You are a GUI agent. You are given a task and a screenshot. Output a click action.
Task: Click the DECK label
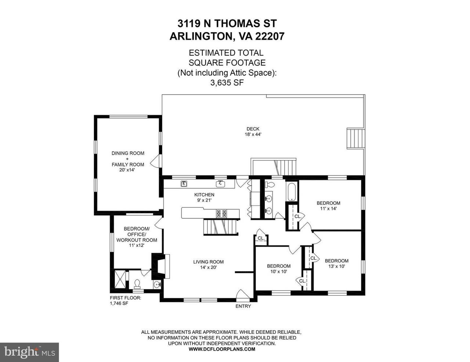coord(253,129)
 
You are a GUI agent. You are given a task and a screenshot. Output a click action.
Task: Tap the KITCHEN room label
coord(204,195)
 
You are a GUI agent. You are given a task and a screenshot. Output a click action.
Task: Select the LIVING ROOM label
coord(208,262)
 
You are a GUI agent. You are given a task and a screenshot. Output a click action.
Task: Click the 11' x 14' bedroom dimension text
coord(328,208)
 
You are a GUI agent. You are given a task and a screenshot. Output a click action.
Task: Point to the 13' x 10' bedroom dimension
coord(337,266)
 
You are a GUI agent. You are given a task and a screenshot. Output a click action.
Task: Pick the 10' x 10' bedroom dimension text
coord(279,271)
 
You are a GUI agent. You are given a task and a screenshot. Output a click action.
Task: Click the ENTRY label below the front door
coord(243,306)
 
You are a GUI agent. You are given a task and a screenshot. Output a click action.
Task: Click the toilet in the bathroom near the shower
coord(137,284)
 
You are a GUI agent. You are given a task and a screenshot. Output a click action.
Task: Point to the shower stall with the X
coord(120,279)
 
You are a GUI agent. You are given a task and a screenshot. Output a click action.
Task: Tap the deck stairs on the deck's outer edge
coord(355,139)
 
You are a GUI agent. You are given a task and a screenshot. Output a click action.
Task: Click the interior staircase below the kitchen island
coord(221,227)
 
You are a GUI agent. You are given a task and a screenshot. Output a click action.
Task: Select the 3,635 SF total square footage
coord(227,83)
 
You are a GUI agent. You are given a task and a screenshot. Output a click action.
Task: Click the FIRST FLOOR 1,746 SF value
coord(119,303)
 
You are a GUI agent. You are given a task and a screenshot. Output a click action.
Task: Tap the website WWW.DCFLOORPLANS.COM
coord(222,355)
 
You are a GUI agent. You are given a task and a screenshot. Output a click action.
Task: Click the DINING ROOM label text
coord(128,153)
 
